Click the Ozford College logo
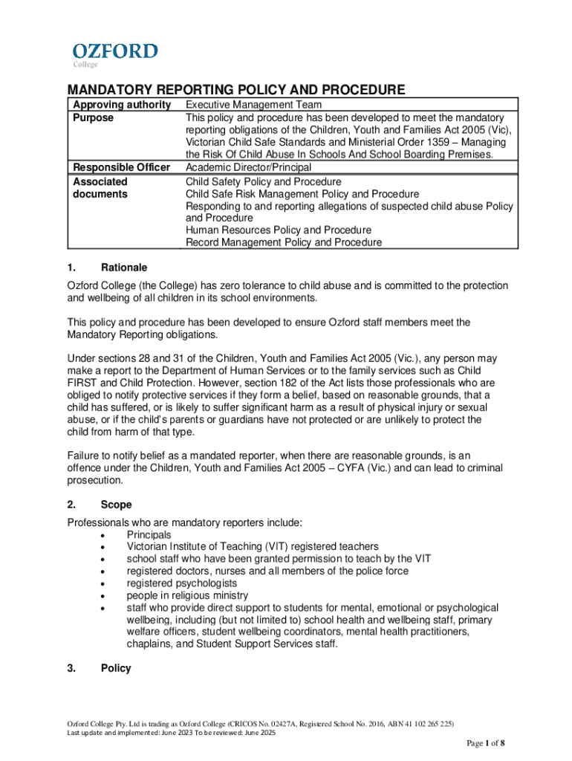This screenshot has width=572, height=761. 114,54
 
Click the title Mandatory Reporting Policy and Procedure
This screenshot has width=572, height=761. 236,91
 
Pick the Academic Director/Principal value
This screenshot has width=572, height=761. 248,167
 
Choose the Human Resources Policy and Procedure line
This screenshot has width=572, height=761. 279,230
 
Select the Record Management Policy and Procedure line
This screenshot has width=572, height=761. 284,242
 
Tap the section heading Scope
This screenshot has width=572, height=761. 116,505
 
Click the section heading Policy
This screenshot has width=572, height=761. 116,668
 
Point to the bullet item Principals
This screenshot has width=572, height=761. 149,534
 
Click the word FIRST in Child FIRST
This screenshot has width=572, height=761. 84,382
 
